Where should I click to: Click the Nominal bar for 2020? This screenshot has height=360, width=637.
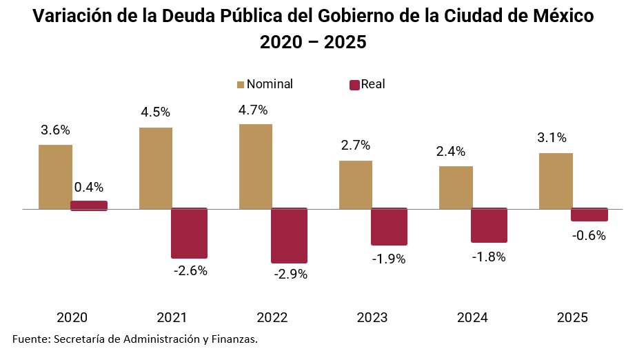55,177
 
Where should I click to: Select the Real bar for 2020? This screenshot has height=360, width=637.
89,206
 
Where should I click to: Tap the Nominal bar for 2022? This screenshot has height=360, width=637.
256,166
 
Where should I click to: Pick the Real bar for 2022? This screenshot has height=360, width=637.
290,235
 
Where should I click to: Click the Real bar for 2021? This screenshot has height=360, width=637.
190,233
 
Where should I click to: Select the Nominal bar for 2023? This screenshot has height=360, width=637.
356,184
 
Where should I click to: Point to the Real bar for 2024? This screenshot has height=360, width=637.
489,225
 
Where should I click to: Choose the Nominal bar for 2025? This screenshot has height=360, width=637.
556,181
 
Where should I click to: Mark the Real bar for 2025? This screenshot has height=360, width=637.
589,214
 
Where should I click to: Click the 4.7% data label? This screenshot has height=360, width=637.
253,110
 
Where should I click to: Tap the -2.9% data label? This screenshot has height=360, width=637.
290,274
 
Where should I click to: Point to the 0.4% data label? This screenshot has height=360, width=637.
89,187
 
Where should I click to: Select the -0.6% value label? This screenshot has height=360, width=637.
589,235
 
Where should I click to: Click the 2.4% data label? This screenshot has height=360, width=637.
451,152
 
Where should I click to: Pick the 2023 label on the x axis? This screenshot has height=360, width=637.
372,318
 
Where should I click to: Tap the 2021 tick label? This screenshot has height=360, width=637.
172,318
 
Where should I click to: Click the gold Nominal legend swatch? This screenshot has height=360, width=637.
241,85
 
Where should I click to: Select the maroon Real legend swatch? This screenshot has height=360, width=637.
355,85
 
